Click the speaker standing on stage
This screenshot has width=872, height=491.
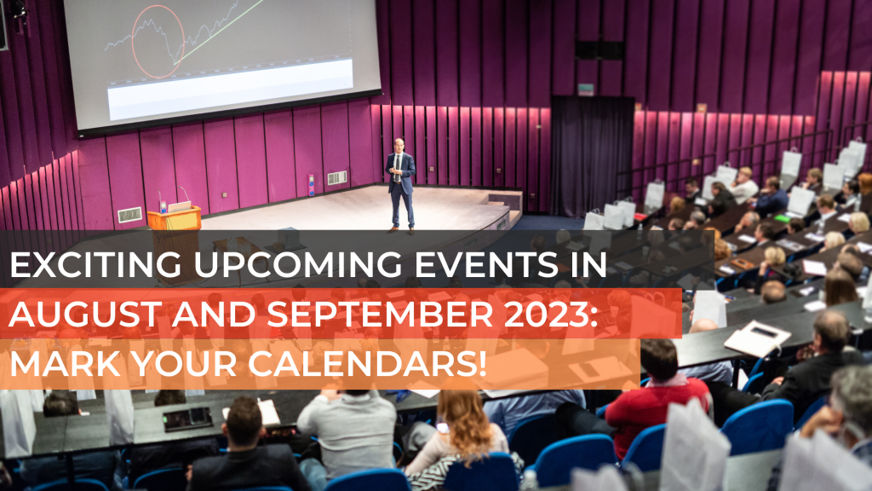click(x=400, y=185)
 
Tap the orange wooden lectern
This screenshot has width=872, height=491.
click(x=174, y=219)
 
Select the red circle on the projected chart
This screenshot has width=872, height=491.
click(x=158, y=42)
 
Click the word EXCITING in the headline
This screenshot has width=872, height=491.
click(x=95, y=264)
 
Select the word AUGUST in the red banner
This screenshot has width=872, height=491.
click(x=86, y=314)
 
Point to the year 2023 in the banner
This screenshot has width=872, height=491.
click(x=546, y=314)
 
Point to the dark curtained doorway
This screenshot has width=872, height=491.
click(x=592, y=156)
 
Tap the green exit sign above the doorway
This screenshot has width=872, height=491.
click(x=585, y=89)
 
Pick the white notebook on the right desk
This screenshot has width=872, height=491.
click(x=757, y=338)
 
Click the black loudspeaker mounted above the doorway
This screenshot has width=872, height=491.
click(x=599, y=50)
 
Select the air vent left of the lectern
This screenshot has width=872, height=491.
click(x=129, y=215)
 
